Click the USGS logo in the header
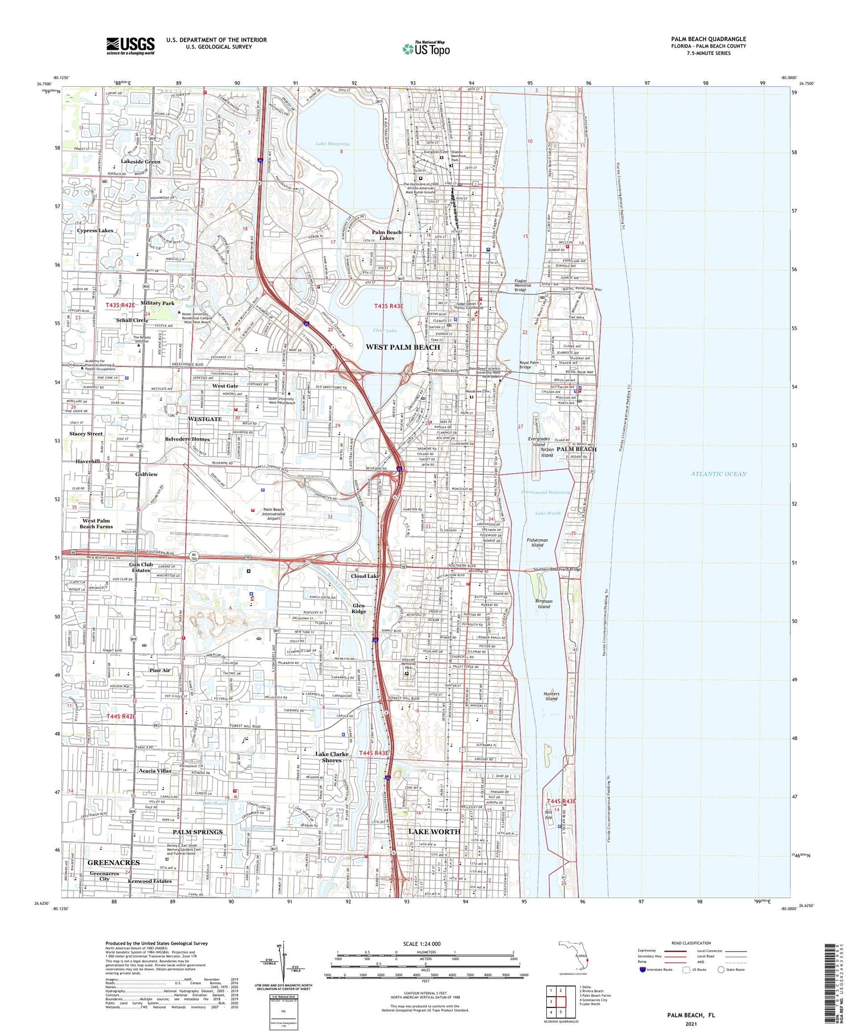[130, 46]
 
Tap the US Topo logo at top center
[426, 49]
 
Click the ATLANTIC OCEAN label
[718, 474]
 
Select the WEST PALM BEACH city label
[403, 347]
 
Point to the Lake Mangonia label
[332, 144]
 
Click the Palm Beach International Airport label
[273, 514]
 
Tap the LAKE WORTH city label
[434, 831]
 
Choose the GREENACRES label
[113, 862]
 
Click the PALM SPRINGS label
[198, 832]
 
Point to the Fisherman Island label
[537, 542]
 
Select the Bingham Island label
[543, 604]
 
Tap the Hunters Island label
[551, 696]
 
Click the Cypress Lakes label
[95, 231]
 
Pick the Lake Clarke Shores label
[331, 757]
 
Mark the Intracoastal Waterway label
[546, 492]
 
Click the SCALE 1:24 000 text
[426, 943]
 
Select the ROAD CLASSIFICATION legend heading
[691, 943]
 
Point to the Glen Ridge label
[358, 609]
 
